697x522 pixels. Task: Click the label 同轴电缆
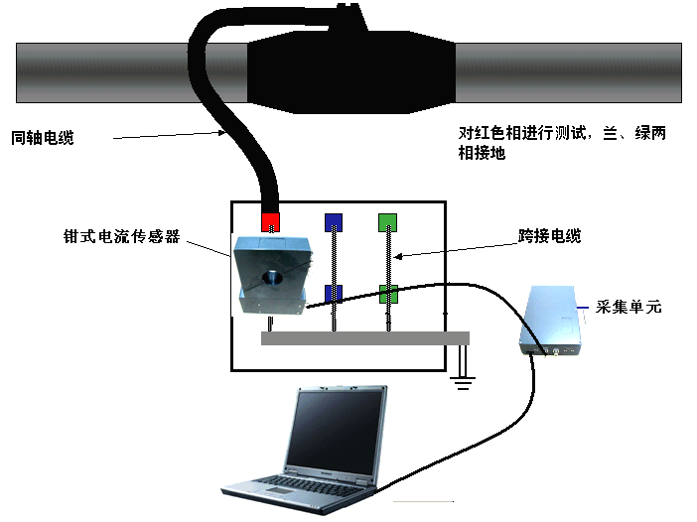point(42,139)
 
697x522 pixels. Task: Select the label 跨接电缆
point(549,236)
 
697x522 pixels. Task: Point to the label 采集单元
point(629,308)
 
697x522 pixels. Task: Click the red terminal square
point(270,220)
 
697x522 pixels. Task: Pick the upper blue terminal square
point(334,221)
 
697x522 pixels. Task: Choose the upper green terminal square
point(388,221)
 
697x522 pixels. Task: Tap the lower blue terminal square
point(334,294)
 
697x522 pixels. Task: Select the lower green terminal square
point(388,294)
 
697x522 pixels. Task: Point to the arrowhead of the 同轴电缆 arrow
point(226,132)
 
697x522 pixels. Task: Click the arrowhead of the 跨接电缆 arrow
point(400,257)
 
